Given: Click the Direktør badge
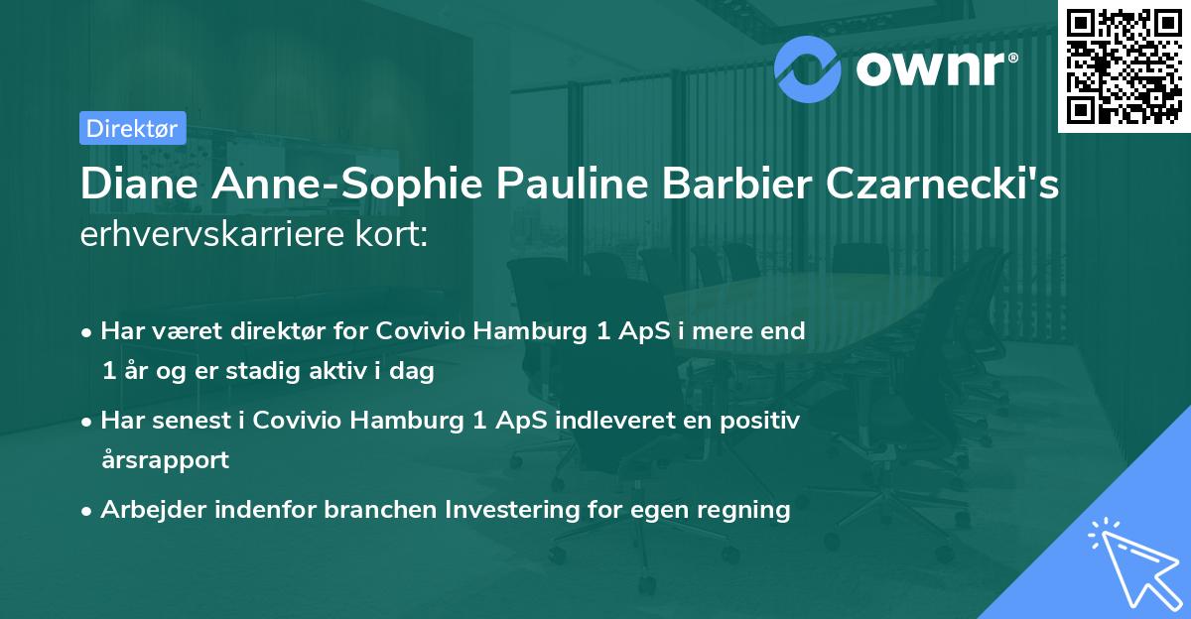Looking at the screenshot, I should click(131, 128).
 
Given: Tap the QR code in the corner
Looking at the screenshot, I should click(1125, 65).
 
